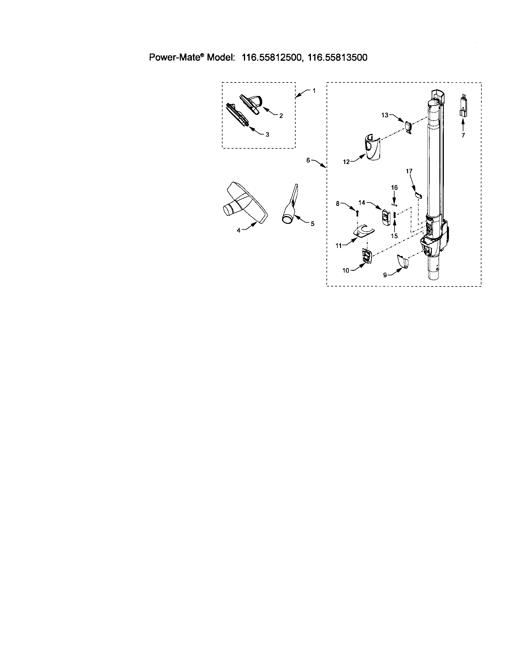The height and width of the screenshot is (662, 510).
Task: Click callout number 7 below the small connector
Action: (463, 135)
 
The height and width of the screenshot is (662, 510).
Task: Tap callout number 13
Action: (385, 115)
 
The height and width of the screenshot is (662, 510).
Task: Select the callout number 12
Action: (346, 162)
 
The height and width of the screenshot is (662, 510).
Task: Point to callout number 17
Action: (409, 171)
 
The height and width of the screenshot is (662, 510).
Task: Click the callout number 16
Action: (394, 188)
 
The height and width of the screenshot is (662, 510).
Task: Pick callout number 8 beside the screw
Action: (338, 204)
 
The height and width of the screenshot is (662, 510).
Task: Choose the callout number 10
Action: (346, 271)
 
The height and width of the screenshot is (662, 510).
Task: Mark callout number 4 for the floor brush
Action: (238, 230)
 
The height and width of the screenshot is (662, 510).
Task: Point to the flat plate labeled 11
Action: (363, 232)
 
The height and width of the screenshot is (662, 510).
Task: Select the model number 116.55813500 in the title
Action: (337, 57)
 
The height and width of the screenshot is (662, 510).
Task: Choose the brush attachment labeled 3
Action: (238, 115)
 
